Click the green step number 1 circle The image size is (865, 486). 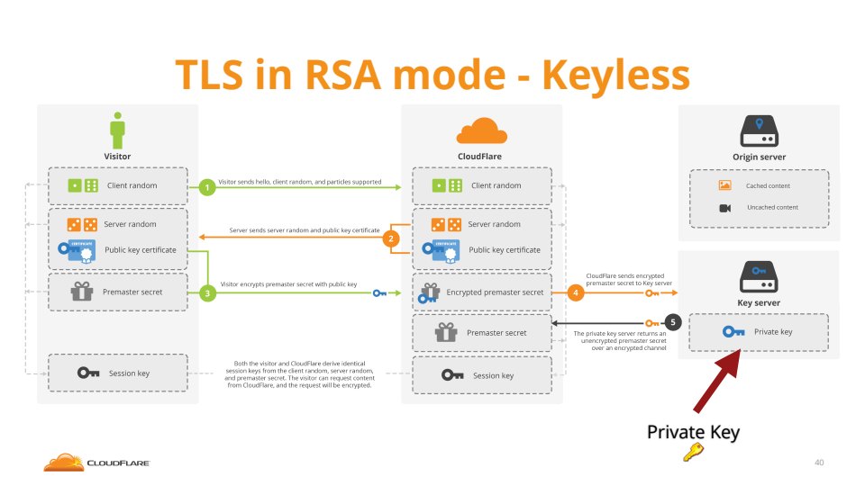(x=208, y=187)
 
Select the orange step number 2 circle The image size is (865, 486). (x=391, y=238)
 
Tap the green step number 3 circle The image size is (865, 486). (x=208, y=293)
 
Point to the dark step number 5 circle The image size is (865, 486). (x=671, y=322)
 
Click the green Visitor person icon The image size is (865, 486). (x=117, y=130)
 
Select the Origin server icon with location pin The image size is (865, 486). (x=760, y=132)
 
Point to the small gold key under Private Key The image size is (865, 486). (x=693, y=453)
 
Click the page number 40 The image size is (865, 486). (x=818, y=463)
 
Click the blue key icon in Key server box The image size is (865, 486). (x=734, y=332)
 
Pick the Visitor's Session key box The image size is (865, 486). (x=117, y=373)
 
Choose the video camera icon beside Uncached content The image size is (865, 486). (x=724, y=208)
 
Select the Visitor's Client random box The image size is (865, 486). (x=117, y=185)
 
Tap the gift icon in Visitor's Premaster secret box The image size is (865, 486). (x=83, y=292)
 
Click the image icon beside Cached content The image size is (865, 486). (x=724, y=185)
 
